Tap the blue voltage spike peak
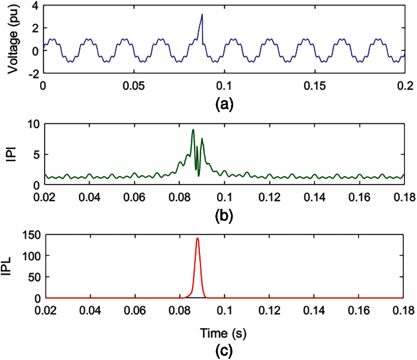(x=202, y=15)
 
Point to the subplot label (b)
(x=224, y=215)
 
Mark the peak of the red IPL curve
(x=198, y=238)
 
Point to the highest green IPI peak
(x=193, y=130)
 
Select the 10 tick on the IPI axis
(x=33, y=124)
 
